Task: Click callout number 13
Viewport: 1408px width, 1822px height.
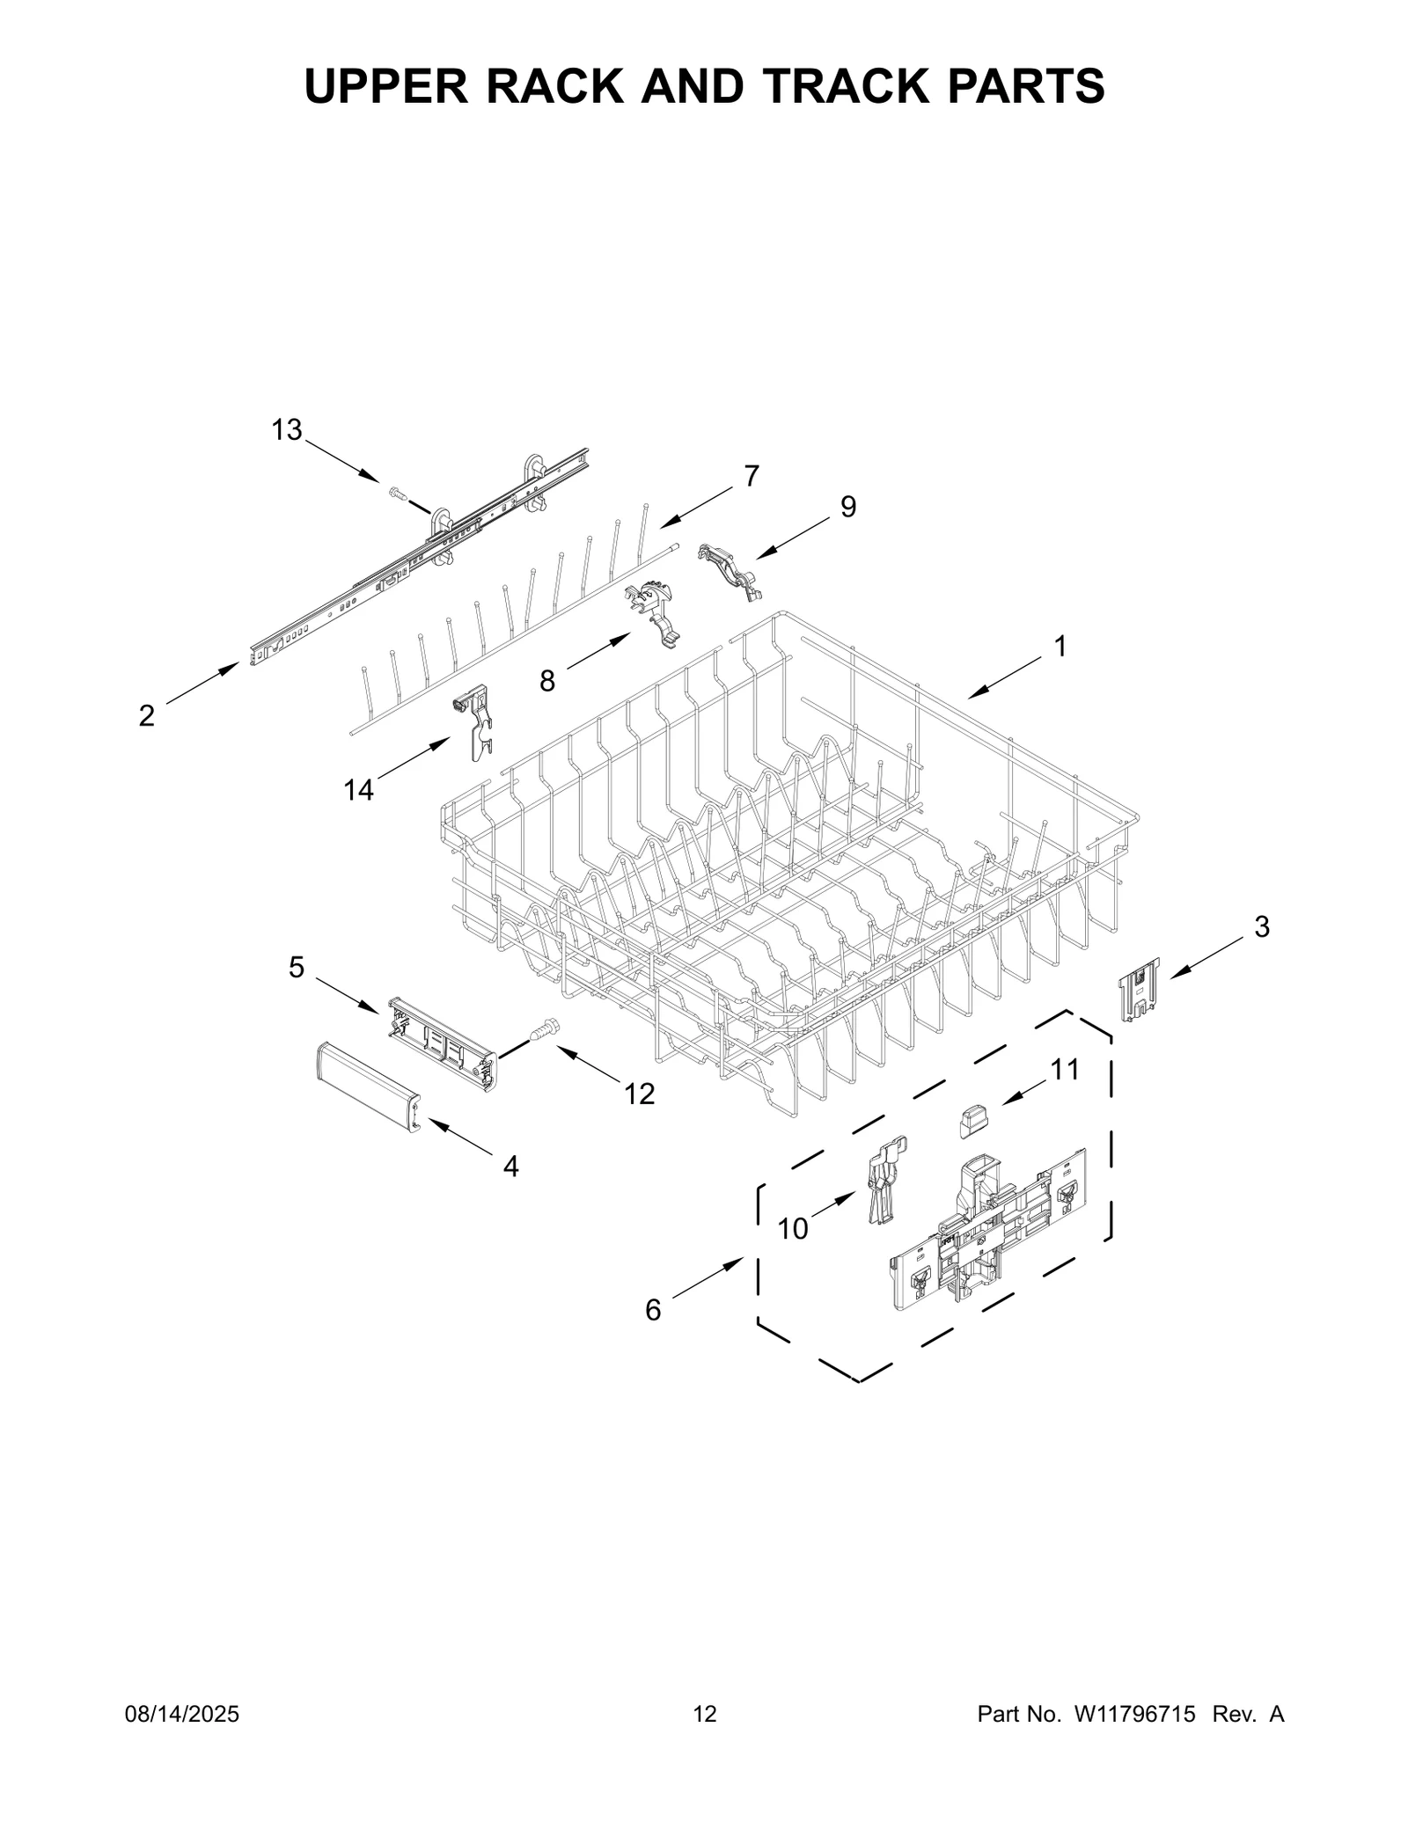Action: tap(286, 430)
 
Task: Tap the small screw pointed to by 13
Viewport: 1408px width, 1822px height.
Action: tap(396, 495)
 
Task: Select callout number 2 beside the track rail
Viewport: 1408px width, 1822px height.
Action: tap(147, 715)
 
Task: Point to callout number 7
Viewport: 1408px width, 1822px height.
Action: tap(751, 476)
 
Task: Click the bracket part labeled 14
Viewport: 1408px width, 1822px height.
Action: tap(474, 724)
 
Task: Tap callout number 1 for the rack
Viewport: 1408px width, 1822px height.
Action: tap(1060, 646)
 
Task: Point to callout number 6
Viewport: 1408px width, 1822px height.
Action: tap(652, 1335)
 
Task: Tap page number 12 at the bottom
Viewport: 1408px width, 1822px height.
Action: tap(705, 1739)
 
